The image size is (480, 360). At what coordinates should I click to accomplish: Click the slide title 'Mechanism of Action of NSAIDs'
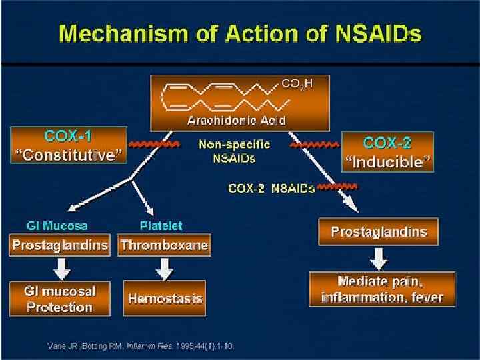pyautogui.click(x=240, y=33)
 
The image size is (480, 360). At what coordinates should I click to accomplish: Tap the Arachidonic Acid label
pyautogui.click(x=237, y=121)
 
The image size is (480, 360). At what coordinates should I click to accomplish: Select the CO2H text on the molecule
pyautogui.click(x=297, y=83)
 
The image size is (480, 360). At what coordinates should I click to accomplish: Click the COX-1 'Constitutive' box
pyautogui.click(x=68, y=146)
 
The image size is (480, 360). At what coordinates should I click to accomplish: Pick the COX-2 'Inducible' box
pyautogui.click(x=387, y=152)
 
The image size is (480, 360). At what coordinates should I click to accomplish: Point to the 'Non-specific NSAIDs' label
pyautogui.click(x=234, y=151)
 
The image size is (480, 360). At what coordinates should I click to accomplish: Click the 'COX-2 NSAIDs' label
pyautogui.click(x=271, y=189)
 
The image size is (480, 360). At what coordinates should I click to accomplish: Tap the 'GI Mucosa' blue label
pyautogui.click(x=57, y=226)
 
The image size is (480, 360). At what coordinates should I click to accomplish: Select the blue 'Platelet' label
pyautogui.click(x=161, y=226)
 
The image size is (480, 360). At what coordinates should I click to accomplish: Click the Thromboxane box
pyautogui.click(x=164, y=245)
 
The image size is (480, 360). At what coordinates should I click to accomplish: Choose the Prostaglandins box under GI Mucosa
pyautogui.click(x=59, y=245)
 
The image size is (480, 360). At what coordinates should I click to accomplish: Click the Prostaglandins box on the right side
pyautogui.click(x=378, y=232)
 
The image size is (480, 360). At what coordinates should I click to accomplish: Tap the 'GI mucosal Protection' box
pyautogui.click(x=59, y=299)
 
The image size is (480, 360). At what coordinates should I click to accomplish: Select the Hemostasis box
pyautogui.click(x=164, y=299)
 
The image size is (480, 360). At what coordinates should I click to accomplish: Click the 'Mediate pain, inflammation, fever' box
pyautogui.click(x=382, y=289)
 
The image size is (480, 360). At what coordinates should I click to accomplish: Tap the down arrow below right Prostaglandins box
pyautogui.click(x=378, y=258)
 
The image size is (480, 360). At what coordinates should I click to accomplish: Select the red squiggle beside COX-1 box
pyautogui.click(x=155, y=143)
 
